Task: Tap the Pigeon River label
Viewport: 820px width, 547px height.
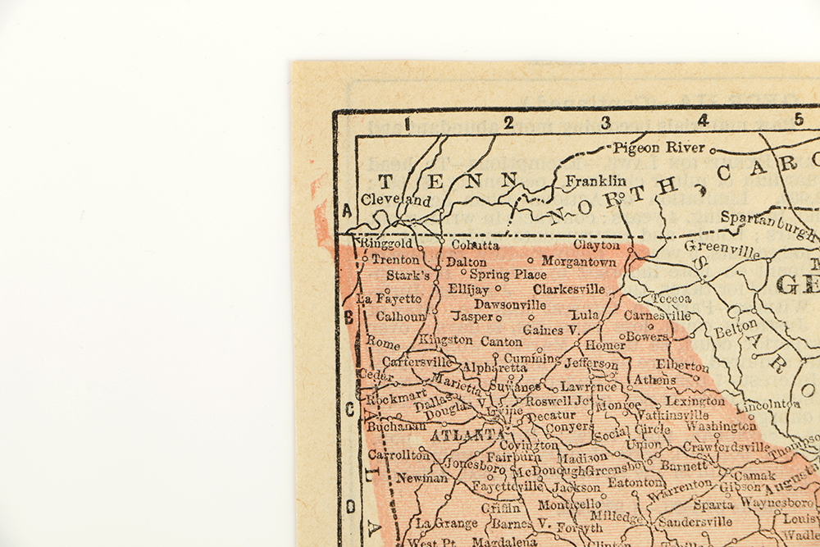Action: click(658, 148)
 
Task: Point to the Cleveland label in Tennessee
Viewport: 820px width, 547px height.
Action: click(396, 199)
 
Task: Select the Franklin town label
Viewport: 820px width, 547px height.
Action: click(595, 180)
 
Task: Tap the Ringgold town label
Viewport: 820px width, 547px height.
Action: click(385, 244)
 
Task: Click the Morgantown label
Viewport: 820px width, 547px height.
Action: click(579, 262)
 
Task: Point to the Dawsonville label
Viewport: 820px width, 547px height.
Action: click(510, 303)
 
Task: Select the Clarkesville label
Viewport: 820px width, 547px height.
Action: click(569, 289)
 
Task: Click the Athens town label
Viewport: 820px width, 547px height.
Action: click(655, 380)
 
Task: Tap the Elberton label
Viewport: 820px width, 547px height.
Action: click(682, 366)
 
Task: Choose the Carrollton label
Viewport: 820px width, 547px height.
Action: click(399, 454)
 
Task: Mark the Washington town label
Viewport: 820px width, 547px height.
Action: click(722, 426)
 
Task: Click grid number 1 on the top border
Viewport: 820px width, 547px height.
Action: click(406, 123)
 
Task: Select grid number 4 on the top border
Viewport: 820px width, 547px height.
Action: click(703, 121)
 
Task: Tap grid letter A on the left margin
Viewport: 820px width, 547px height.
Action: click(347, 211)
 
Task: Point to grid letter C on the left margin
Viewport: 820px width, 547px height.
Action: click(348, 408)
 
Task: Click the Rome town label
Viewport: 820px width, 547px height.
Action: click(383, 341)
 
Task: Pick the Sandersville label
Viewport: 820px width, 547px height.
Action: click(695, 522)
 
